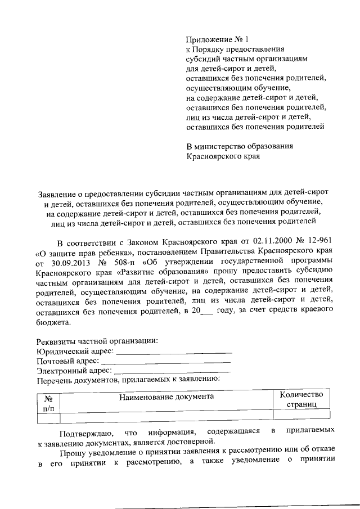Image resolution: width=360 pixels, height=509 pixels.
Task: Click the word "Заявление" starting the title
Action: pyautogui.click(x=56, y=193)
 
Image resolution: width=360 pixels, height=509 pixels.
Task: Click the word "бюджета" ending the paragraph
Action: pyautogui.click(x=52, y=323)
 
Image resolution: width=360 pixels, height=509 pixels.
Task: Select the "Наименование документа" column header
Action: pyautogui.click(x=166, y=397)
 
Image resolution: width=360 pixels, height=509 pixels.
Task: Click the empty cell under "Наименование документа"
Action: pyautogui.click(x=166, y=417)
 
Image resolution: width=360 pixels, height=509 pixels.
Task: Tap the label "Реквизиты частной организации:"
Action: pyautogui.click(x=97, y=341)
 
